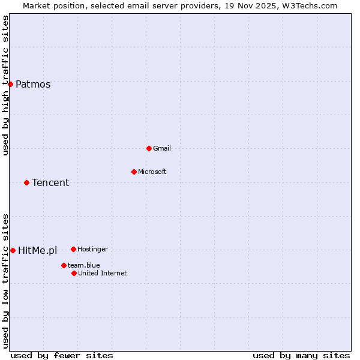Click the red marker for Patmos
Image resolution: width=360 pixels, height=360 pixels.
pyautogui.click(x=10, y=84)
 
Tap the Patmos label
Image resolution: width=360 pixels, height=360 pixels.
pyautogui.click(x=33, y=84)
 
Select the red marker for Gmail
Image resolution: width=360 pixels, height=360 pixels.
pyautogui.click(x=149, y=148)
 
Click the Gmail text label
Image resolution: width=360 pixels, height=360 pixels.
pyautogui.click(x=162, y=148)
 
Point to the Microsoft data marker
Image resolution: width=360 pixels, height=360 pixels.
pyautogui.click(x=134, y=172)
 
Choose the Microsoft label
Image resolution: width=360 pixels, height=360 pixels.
pyautogui.click(x=152, y=172)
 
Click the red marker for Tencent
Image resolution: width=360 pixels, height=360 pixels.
pyautogui.click(x=26, y=182)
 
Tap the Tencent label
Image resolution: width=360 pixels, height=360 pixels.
pyautogui.click(x=50, y=182)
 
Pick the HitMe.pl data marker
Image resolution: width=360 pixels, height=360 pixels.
pyautogui.click(x=13, y=250)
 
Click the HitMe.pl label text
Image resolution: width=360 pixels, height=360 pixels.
pyautogui.click(x=37, y=250)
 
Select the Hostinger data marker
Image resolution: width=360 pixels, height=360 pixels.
pyautogui.click(x=73, y=249)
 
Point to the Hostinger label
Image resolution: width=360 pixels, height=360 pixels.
pyautogui.click(x=92, y=249)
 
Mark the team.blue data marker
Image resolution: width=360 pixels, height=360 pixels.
pyautogui.click(x=64, y=265)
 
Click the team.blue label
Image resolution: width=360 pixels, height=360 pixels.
pyautogui.click(x=83, y=265)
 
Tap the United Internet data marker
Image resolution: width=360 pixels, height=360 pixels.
pyautogui.click(x=74, y=273)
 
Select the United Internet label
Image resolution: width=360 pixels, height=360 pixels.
pyautogui.click(x=102, y=273)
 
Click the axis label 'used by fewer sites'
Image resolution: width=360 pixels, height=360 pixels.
pyautogui.click(x=62, y=355)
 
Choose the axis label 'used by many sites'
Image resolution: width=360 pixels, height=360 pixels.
pyautogui.click(x=301, y=355)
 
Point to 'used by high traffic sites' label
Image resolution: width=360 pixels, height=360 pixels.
pyautogui.click(x=5, y=85)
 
